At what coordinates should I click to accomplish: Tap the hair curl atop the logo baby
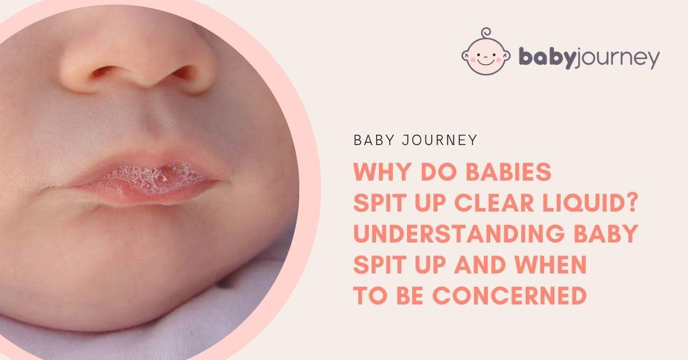tap(486, 33)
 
